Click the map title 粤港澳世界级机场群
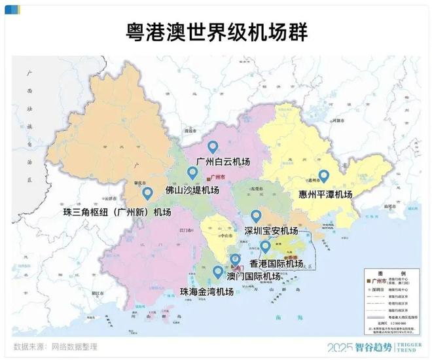(x=216, y=31)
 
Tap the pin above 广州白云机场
(x=212, y=148)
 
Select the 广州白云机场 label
(x=223, y=162)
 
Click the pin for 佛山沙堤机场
(x=192, y=173)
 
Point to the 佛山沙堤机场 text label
(x=192, y=190)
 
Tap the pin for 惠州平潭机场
(x=323, y=176)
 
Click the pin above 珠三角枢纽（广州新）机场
(x=147, y=193)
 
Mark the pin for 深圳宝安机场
(x=256, y=215)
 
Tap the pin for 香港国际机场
(x=265, y=246)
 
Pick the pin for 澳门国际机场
(x=235, y=260)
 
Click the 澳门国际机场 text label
(x=252, y=276)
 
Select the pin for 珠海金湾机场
(x=218, y=272)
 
